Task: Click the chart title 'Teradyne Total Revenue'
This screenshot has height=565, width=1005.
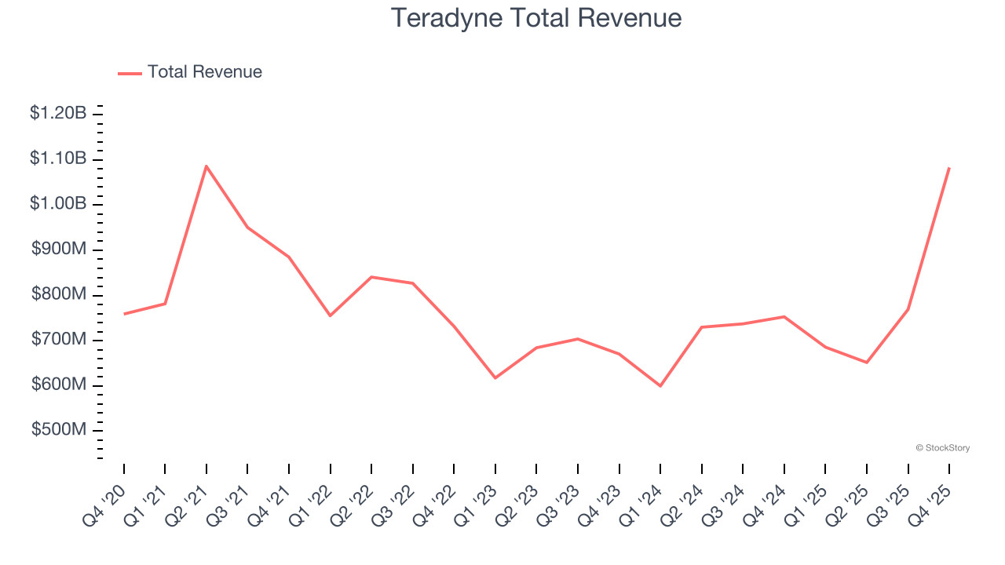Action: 536,17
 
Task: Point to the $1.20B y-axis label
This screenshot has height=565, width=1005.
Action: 58,113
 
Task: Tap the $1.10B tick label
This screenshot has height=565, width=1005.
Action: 58,159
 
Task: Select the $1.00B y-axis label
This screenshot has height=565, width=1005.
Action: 58,204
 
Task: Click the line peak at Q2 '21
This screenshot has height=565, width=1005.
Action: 206,166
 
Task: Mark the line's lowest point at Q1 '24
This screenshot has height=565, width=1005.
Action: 660,386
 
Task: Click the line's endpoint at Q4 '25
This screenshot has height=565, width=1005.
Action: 949,168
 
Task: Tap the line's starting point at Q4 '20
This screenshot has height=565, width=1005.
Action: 124,314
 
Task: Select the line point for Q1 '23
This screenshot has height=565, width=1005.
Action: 495,378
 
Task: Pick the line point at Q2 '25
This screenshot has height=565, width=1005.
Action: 867,363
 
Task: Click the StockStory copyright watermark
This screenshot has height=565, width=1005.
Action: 942,448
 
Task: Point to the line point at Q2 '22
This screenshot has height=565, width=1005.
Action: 371,277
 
